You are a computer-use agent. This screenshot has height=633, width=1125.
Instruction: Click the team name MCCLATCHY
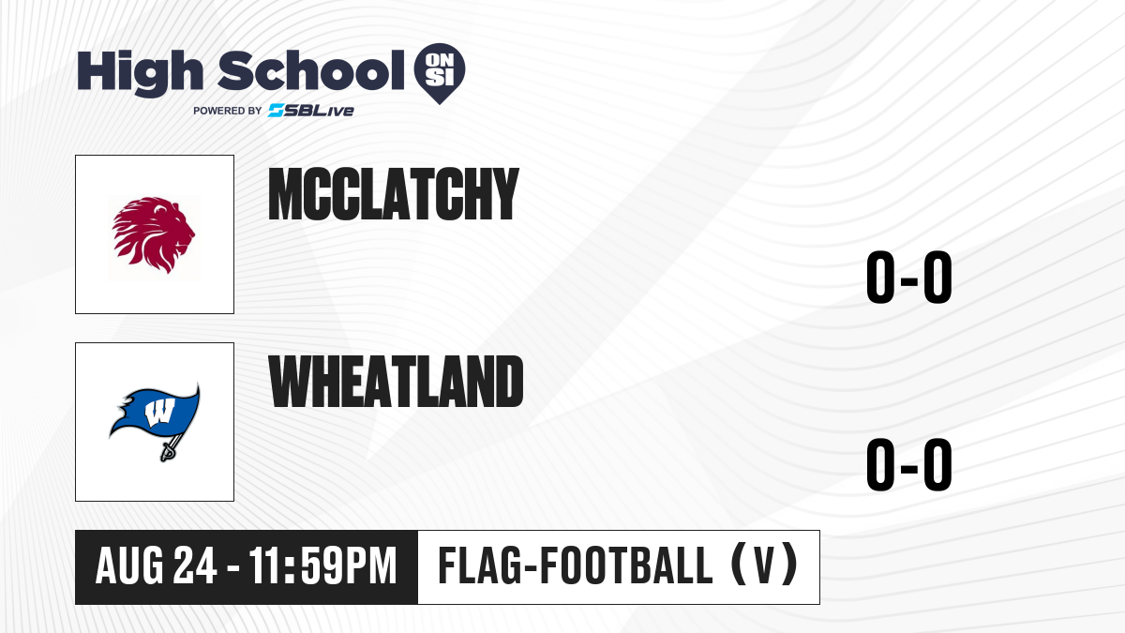pyautogui.click(x=393, y=194)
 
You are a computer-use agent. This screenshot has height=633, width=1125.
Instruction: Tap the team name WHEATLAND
pyautogui.click(x=396, y=382)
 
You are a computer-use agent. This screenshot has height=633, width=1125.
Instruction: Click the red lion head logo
pyautogui.click(x=154, y=235)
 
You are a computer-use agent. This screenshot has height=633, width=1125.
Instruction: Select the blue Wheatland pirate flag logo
pyautogui.click(x=155, y=422)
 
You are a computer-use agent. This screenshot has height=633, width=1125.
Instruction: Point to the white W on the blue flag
pyautogui.click(x=159, y=412)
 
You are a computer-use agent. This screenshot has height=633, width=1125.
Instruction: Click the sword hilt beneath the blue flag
pyautogui.click(x=167, y=452)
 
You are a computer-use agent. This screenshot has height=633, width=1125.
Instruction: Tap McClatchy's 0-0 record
pyautogui.click(x=909, y=277)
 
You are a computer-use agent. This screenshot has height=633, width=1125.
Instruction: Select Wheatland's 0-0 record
pyautogui.click(x=909, y=464)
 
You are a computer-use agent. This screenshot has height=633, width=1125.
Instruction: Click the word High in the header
pyautogui.click(x=141, y=72)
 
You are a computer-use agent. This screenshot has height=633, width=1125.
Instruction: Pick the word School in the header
pyautogui.click(x=311, y=70)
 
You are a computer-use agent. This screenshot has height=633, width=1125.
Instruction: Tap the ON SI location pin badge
pyautogui.click(x=440, y=73)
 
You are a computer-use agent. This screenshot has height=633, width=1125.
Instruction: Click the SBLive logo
pyautogui.click(x=311, y=111)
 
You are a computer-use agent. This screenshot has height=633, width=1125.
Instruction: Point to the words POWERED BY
pyautogui.click(x=228, y=111)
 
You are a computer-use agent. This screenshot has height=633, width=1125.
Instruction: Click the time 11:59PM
pyautogui.click(x=322, y=566)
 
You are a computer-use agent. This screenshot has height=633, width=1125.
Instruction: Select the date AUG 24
pyautogui.click(x=157, y=566)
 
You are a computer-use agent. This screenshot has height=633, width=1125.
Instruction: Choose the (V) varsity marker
pyautogui.click(x=764, y=565)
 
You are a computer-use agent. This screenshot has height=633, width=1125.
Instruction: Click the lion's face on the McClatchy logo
pyautogui.click(x=177, y=229)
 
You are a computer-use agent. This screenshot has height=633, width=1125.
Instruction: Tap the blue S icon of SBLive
pyautogui.click(x=277, y=111)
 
